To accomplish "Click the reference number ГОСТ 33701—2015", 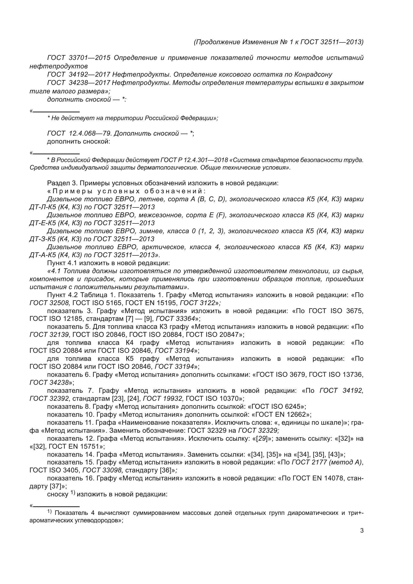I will click(x=79, y=58).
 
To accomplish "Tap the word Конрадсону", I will click(x=313, y=74).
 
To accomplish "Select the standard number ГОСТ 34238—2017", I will click(x=79, y=83).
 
